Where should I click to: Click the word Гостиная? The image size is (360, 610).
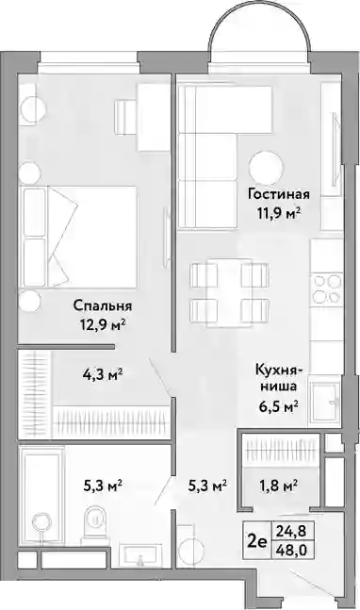tap(279, 194)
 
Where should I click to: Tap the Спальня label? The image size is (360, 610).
tap(103, 305)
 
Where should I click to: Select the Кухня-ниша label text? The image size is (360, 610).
tap(276, 377)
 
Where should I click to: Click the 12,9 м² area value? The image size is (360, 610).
tap(100, 324)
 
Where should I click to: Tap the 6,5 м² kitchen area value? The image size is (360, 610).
tap(278, 407)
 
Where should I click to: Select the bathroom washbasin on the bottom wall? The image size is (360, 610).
tap(139, 554)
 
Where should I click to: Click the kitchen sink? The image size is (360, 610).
tap(324, 403)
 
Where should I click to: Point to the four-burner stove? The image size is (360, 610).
tap(326, 289)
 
